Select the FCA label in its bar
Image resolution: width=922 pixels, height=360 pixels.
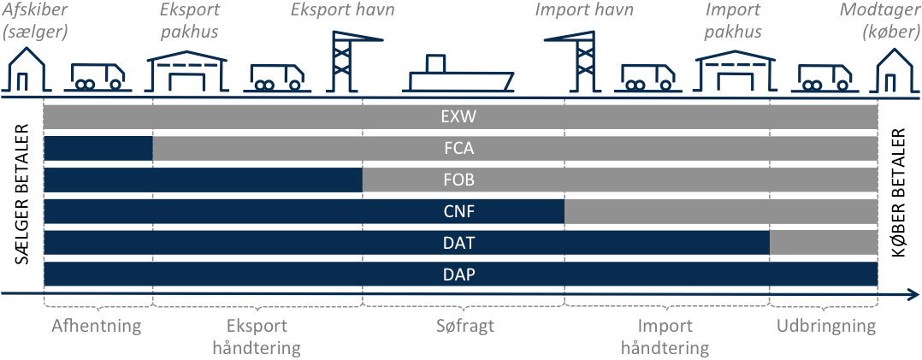(460, 149)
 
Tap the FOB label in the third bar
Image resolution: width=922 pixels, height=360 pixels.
(460, 180)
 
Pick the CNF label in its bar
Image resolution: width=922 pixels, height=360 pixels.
(460, 212)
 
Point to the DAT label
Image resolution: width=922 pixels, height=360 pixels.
(460, 243)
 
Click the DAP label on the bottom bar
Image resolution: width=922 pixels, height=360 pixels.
(460, 274)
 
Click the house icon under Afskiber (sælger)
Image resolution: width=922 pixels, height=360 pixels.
(27, 70)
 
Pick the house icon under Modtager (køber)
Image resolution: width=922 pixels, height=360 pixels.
(895, 70)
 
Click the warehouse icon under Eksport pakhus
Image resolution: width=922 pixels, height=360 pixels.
(187, 72)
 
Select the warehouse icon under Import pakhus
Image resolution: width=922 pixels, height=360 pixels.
(736, 72)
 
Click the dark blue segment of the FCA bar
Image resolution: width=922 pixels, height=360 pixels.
(98, 149)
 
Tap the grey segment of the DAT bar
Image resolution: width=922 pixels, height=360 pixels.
(823, 243)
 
